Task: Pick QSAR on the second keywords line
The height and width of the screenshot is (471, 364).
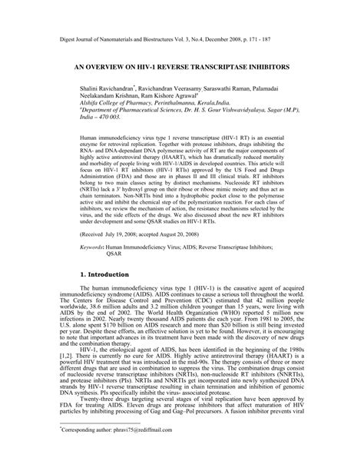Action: [115, 255]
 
